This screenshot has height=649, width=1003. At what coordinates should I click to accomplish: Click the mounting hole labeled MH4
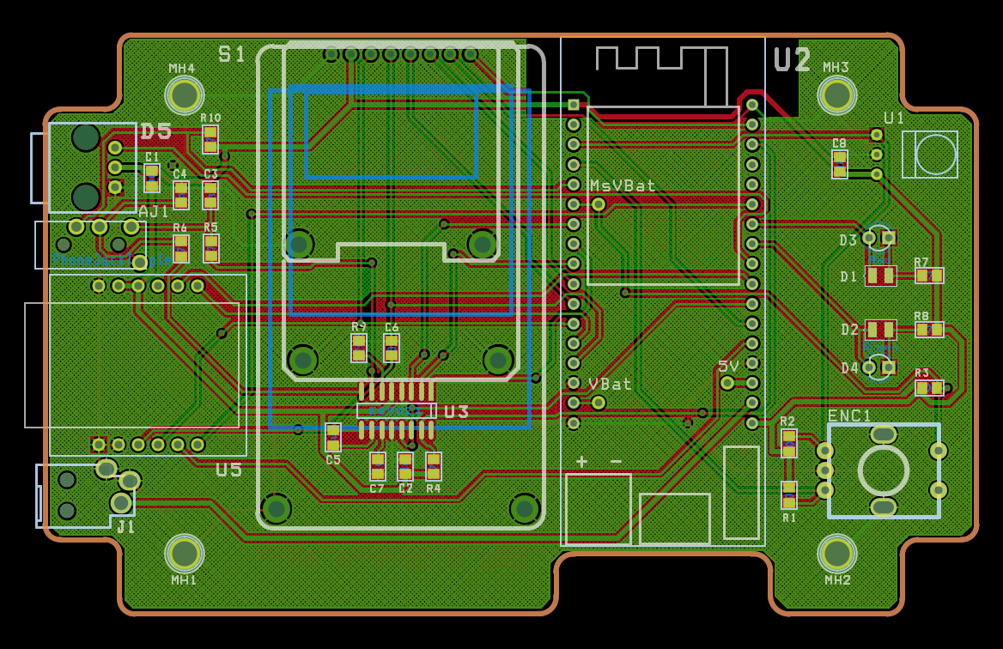tap(184, 94)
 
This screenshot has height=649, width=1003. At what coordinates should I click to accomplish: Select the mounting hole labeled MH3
tap(836, 94)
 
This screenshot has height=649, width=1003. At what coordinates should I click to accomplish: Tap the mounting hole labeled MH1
tap(184, 554)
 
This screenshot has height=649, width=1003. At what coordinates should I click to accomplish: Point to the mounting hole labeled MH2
tap(836, 554)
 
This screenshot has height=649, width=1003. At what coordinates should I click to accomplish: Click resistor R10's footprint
tap(210, 139)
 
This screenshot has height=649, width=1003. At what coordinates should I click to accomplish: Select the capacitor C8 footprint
tap(840, 164)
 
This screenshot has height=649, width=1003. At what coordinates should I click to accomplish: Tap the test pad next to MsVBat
tap(599, 204)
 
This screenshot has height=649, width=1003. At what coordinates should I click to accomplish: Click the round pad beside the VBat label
tap(599, 402)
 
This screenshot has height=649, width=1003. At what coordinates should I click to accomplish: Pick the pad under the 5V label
tap(727, 383)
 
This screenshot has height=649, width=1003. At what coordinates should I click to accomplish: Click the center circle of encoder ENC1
tap(883, 470)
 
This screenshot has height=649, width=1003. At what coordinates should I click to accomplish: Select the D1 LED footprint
tap(880, 276)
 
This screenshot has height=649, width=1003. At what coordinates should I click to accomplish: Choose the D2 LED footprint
tap(880, 330)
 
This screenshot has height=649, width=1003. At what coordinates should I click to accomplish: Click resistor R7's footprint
tap(928, 276)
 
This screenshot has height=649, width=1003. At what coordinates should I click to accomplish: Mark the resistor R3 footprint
tap(928, 387)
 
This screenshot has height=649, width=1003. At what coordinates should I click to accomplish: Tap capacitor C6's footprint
tap(392, 348)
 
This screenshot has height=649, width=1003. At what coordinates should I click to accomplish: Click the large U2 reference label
tap(792, 60)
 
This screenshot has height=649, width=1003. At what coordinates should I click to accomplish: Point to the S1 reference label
tap(232, 55)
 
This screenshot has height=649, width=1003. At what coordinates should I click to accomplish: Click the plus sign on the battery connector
tap(581, 462)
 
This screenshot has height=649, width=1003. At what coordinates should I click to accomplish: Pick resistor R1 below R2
tap(788, 495)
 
